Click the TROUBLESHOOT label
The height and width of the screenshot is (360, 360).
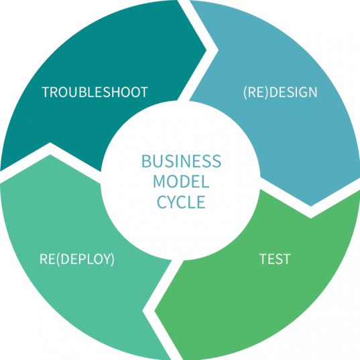point(95,93)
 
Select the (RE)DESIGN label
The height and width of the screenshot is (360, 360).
point(280,93)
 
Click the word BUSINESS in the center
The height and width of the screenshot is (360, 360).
point(180,162)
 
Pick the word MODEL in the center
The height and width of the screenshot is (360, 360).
point(180,182)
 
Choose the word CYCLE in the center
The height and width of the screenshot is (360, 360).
point(180,202)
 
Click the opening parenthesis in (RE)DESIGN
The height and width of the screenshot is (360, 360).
point(245,93)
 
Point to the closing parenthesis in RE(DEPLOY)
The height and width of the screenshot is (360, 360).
point(111,258)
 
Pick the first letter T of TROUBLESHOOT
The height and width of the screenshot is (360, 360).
point(45,93)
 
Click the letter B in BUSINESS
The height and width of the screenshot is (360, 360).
point(145,162)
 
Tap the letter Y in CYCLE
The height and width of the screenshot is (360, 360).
point(168,202)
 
